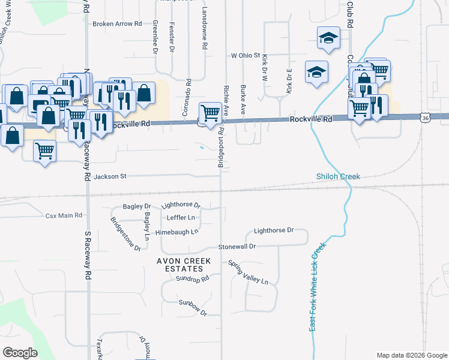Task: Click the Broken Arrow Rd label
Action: coord(116,25)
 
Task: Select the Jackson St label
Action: coord(110,176)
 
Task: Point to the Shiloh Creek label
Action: coord(338,176)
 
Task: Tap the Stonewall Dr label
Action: coord(237,247)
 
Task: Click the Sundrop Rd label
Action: coord(192,279)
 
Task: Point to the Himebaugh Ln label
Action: coord(176,232)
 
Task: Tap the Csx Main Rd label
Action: coord(63,215)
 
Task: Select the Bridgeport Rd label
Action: coord(221,148)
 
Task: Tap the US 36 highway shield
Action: coord(425,119)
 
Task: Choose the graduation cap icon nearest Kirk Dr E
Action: coord(316,72)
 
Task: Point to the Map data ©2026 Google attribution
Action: coord(411,355)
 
